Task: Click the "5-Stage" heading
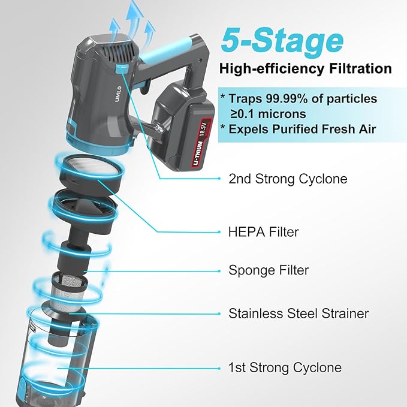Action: point(282,41)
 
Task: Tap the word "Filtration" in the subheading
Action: point(360,69)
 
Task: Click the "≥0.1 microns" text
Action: point(268,114)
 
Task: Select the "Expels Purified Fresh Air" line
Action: point(302,129)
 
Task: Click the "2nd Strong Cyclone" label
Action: point(288,179)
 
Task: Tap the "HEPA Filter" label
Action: point(264,231)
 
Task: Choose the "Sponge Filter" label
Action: point(269,270)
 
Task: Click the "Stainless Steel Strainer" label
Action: point(299,313)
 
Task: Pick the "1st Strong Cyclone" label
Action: point(285,367)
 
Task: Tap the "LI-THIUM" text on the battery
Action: point(197,153)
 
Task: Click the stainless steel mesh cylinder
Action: point(68,291)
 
